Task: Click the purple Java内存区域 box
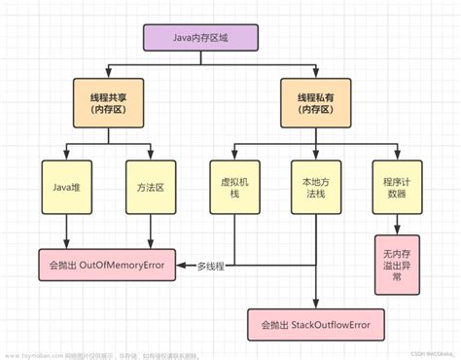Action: pyautogui.click(x=200, y=38)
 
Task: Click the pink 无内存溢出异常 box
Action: pyautogui.click(x=396, y=264)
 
